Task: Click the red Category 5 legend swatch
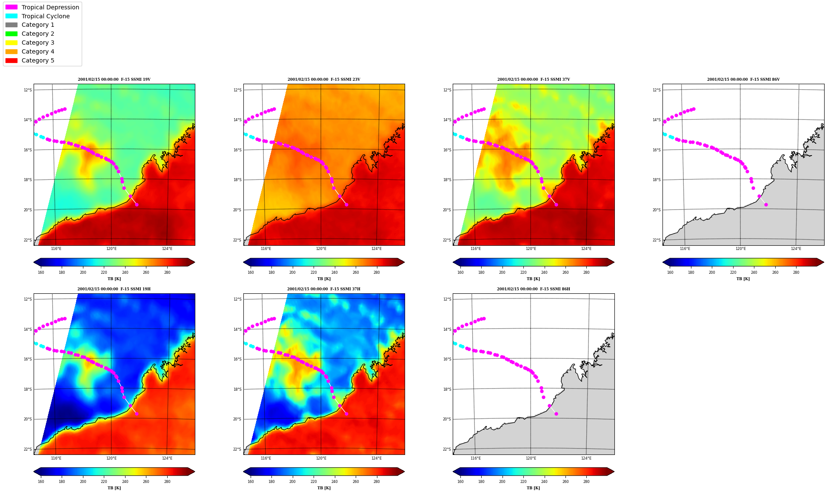click(11, 60)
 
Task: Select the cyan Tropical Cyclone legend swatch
click(11, 16)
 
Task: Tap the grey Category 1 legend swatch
click(11, 25)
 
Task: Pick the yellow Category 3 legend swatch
click(11, 43)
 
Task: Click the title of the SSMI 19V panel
click(114, 79)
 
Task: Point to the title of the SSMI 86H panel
click(534, 289)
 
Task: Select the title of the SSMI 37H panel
click(324, 289)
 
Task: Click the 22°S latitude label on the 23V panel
click(237, 240)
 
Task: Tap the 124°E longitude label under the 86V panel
click(796, 249)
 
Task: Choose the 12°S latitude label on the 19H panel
click(27, 299)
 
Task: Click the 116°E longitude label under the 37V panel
click(475, 249)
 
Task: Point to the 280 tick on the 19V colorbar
click(167, 273)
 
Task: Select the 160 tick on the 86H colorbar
click(460, 482)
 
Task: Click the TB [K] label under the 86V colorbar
click(743, 279)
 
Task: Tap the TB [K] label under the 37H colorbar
click(324, 488)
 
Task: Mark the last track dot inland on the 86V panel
click(766, 204)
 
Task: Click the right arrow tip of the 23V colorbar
click(405, 262)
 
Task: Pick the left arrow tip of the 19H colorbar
click(34, 471)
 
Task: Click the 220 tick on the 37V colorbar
click(523, 273)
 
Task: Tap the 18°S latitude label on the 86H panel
click(447, 389)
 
